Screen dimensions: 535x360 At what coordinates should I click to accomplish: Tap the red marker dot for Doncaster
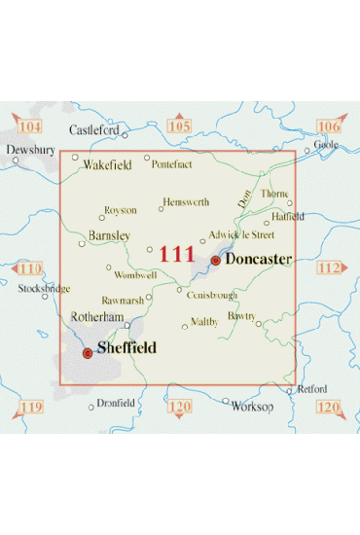215,261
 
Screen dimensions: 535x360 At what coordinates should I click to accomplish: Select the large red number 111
176,255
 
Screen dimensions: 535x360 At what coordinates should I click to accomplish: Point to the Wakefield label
107,165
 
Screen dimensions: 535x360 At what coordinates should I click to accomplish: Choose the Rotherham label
97,317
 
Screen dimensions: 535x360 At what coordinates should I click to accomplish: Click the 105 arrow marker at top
179,126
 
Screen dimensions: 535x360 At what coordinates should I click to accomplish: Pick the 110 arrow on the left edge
29,268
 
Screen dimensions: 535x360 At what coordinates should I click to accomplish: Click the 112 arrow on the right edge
331,267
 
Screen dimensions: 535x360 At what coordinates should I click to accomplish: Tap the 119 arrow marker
31,406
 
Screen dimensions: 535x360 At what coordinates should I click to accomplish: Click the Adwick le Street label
242,234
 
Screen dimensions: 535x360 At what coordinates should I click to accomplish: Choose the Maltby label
204,322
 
